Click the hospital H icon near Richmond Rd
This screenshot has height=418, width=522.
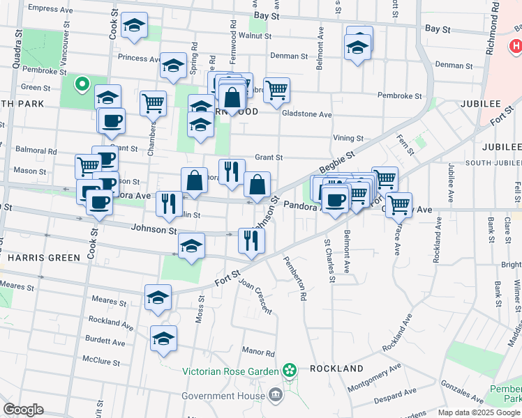pyautogui.click(x=516, y=46)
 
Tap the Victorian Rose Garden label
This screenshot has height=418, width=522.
pyautogui.click(x=231, y=371)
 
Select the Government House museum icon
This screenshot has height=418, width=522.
pyautogui.click(x=276, y=395)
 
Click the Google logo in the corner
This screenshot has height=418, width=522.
pyautogui.click(x=23, y=410)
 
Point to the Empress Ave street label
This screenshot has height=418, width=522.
pyautogui.click(x=50, y=9)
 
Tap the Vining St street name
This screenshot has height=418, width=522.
pyautogui.click(x=348, y=139)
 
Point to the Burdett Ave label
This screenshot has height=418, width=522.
pyautogui.click(x=105, y=341)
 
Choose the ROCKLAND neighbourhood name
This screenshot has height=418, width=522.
pyautogui.click(x=336, y=368)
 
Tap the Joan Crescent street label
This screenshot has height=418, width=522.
pyautogui.click(x=255, y=296)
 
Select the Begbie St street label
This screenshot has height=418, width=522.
pyautogui.click(x=337, y=165)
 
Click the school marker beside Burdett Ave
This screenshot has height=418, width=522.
pyautogui.click(x=163, y=338)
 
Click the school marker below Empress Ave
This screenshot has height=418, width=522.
pyautogui.click(x=134, y=26)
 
